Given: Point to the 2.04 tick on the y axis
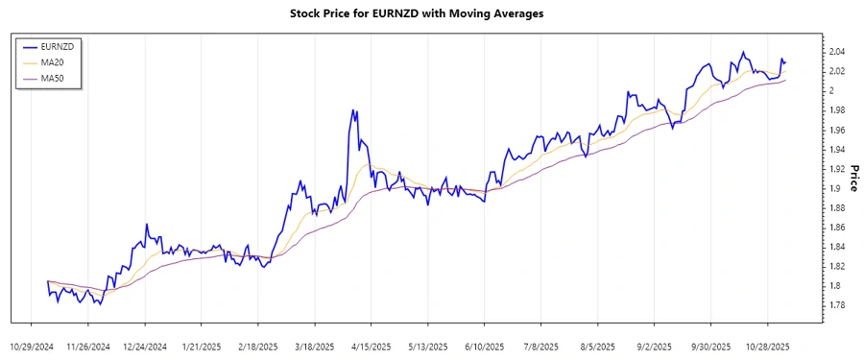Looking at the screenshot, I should [x=837, y=52].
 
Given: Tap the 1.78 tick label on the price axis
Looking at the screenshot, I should [x=837, y=305].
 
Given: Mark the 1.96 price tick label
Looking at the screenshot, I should [x=837, y=130].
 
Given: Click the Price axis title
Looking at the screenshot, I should [x=853, y=179].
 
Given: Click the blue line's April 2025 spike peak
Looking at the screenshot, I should [x=353, y=110].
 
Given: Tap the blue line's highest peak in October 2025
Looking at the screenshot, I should [x=743, y=52].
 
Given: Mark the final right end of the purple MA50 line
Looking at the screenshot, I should [x=786, y=80].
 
